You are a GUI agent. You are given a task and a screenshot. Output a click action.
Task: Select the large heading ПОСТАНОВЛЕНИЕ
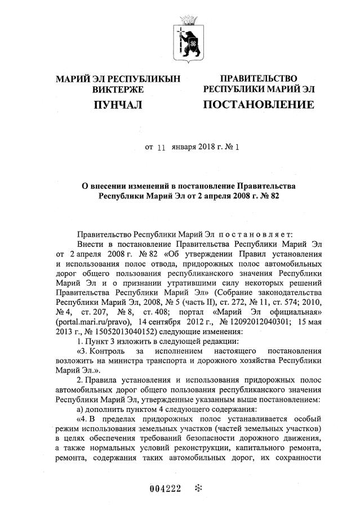(x=258, y=105)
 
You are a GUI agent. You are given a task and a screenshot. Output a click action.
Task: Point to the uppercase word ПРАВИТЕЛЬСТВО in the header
(x=259, y=78)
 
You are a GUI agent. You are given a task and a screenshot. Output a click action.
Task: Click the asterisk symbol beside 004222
(x=197, y=488)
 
